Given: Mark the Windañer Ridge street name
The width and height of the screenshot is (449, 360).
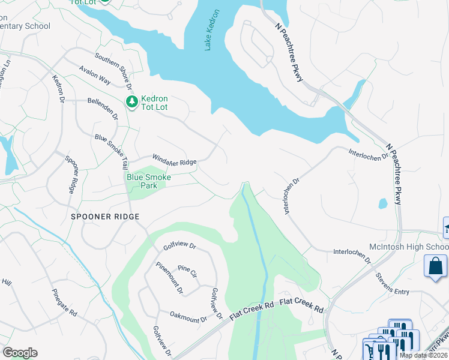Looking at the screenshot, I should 174,160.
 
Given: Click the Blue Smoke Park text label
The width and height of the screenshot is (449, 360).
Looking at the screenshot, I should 148,181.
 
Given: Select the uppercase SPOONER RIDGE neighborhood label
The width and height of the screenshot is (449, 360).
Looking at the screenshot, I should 105,217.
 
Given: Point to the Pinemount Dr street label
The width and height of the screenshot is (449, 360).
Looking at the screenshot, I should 170,278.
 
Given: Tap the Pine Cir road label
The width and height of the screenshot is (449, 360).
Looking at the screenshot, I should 187,271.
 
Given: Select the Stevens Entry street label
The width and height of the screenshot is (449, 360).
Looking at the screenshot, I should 392,284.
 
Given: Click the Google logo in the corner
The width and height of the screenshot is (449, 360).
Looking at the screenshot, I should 20,353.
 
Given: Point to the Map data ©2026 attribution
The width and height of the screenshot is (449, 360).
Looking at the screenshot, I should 423,355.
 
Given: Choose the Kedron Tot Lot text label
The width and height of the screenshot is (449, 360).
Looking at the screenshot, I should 154,103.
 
